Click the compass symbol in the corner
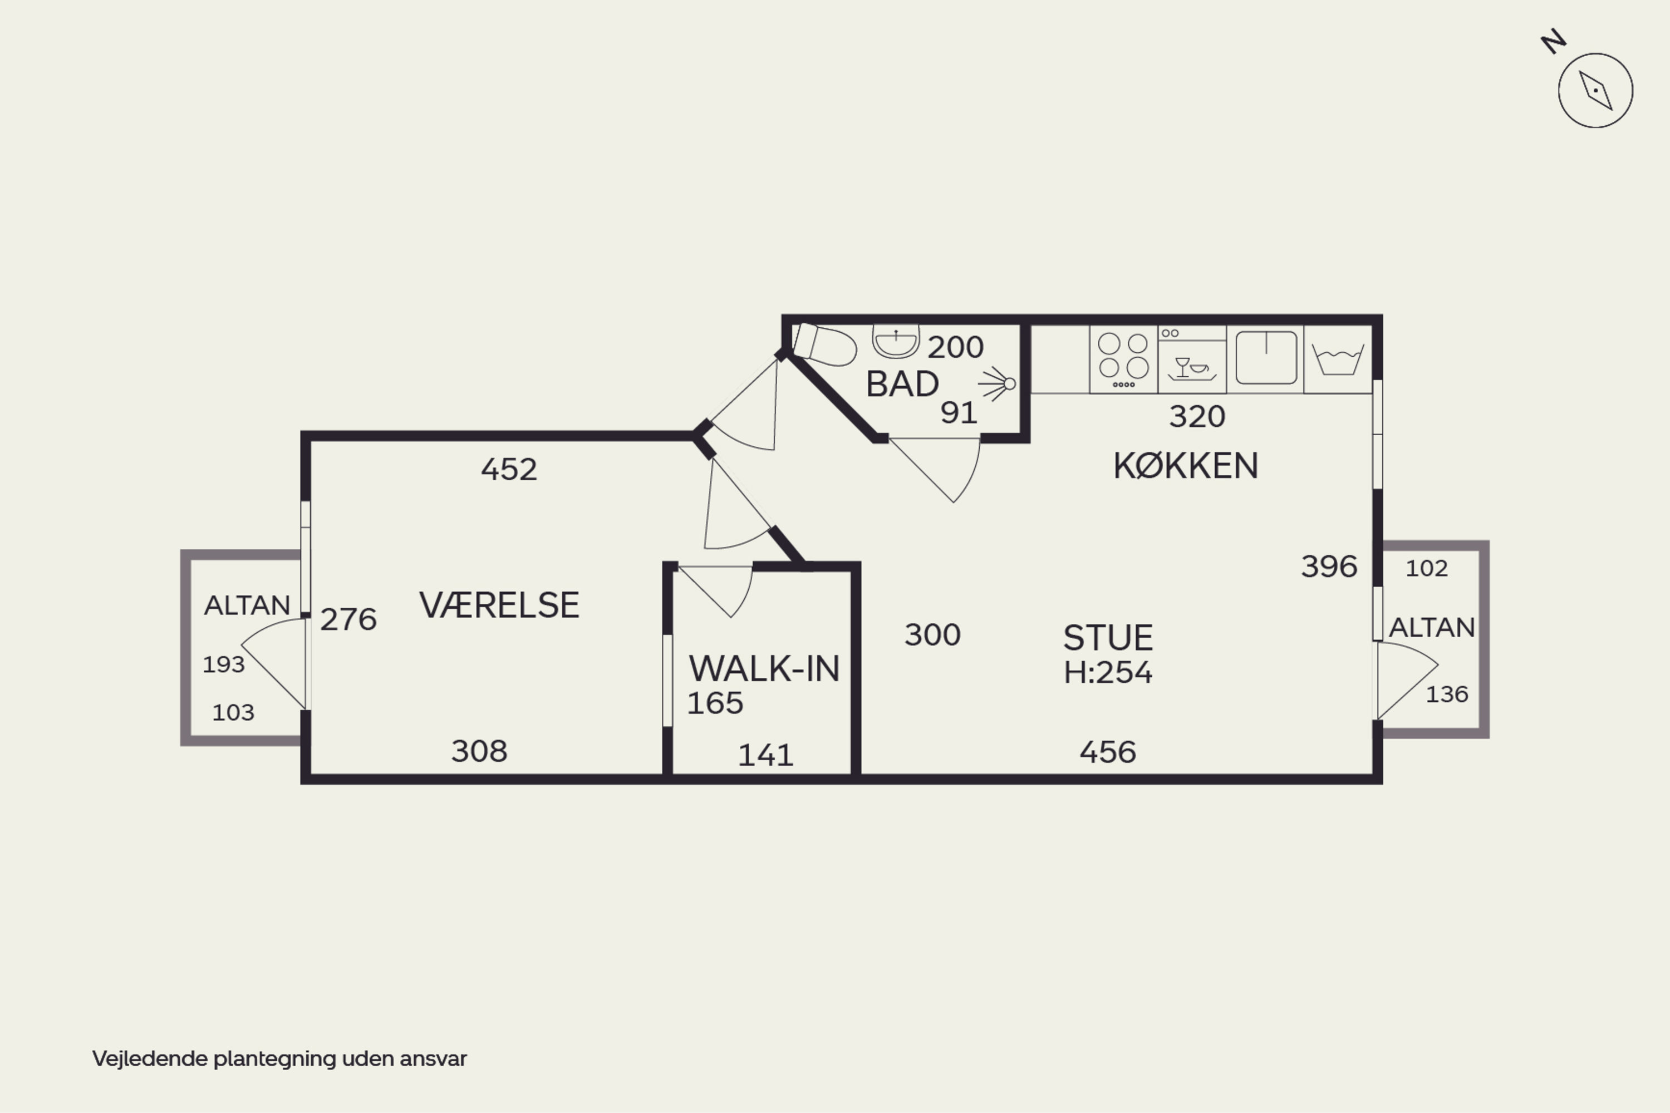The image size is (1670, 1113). coord(1595,90)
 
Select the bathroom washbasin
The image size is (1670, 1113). coord(896,342)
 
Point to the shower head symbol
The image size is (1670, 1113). coord(998,384)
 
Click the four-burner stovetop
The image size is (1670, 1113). coord(1123,359)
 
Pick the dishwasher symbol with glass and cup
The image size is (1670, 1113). coord(1192,359)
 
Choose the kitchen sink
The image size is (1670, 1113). coord(1266,358)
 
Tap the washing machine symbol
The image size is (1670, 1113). coord(1338,359)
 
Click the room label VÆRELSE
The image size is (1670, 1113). coord(499,605)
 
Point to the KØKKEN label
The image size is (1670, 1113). coord(1186,466)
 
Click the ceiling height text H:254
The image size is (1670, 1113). coord(1108,672)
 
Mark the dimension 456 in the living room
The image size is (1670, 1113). coord(1108,752)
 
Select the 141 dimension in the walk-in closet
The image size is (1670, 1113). coord(765,755)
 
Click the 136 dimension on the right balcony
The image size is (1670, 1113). coord(1447,694)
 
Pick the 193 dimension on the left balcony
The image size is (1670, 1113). coord(224,664)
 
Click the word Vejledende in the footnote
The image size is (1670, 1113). coord(150,1059)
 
